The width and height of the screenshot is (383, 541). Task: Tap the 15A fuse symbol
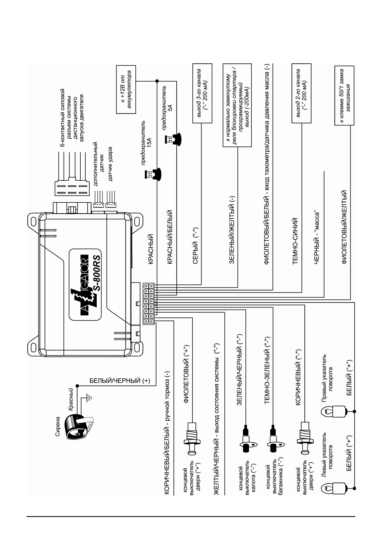pyautogui.click(x=153, y=174)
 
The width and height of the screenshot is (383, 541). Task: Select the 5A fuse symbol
pyautogui.click(x=173, y=139)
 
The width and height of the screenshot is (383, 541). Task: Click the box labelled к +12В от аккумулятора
pyautogui.click(x=126, y=89)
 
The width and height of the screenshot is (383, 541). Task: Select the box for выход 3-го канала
pyautogui.click(x=202, y=93)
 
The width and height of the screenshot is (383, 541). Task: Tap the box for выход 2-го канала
pyautogui.click(x=301, y=93)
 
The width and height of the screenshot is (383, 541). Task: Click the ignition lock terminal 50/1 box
pyautogui.click(x=344, y=95)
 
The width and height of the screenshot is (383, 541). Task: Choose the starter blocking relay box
pyautogui.click(x=237, y=105)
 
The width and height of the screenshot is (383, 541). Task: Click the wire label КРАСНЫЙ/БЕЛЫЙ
pyautogui.click(x=170, y=237)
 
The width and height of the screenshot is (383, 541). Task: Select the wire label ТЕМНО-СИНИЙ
pyautogui.click(x=295, y=241)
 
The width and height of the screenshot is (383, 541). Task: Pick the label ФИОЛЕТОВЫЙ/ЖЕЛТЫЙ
pyautogui.click(x=344, y=227)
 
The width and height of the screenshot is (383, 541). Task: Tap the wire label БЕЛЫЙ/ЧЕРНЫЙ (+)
pyautogui.click(x=120, y=381)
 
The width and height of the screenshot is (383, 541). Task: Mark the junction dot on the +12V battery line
pyautogui.click(x=157, y=81)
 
